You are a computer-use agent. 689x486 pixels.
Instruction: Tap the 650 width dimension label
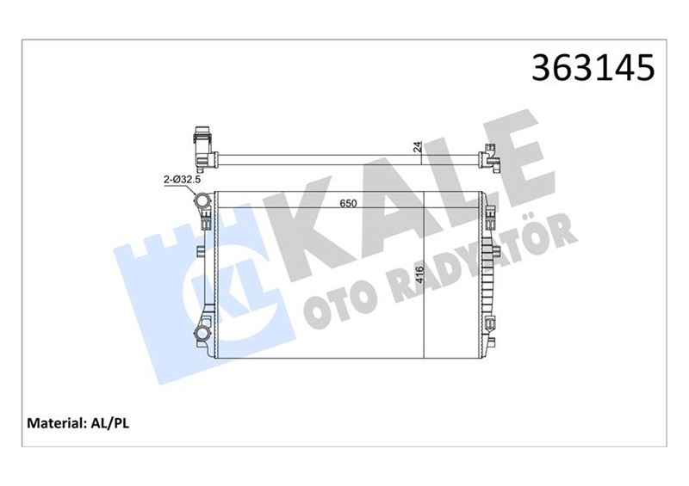[348, 205]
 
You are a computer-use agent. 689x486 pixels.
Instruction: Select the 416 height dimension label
[419, 274]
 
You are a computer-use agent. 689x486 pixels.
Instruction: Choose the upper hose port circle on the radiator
[202, 201]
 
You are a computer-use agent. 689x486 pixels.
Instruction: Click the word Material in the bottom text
[53, 423]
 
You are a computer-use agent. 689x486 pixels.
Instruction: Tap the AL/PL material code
[108, 423]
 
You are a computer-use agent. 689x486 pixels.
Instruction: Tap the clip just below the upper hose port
[208, 222]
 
